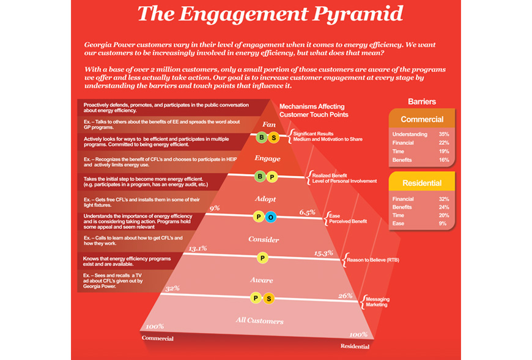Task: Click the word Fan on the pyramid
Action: [268, 125]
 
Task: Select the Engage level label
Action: [267, 158]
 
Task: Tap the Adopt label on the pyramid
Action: [265, 199]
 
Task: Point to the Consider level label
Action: [264, 240]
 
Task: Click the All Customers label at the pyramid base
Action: [259, 321]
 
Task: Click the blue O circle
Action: [270, 217]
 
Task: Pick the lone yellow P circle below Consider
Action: [262, 258]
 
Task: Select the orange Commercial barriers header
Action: [422, 119]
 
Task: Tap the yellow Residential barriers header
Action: [422, 182]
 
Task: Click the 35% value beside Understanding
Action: [444, 134]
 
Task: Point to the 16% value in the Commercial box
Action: [444, 160]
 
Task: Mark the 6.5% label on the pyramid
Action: [308, 212]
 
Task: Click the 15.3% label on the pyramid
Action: [323, 253]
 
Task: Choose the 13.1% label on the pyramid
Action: [198, 249]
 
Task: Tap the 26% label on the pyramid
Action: [345, 296]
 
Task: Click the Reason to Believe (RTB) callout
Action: [373, 260]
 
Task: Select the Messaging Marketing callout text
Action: [378, 302]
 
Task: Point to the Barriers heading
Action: [422, 101]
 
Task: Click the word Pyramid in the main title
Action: [358, 14]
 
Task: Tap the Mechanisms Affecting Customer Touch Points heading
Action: [314, 111]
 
